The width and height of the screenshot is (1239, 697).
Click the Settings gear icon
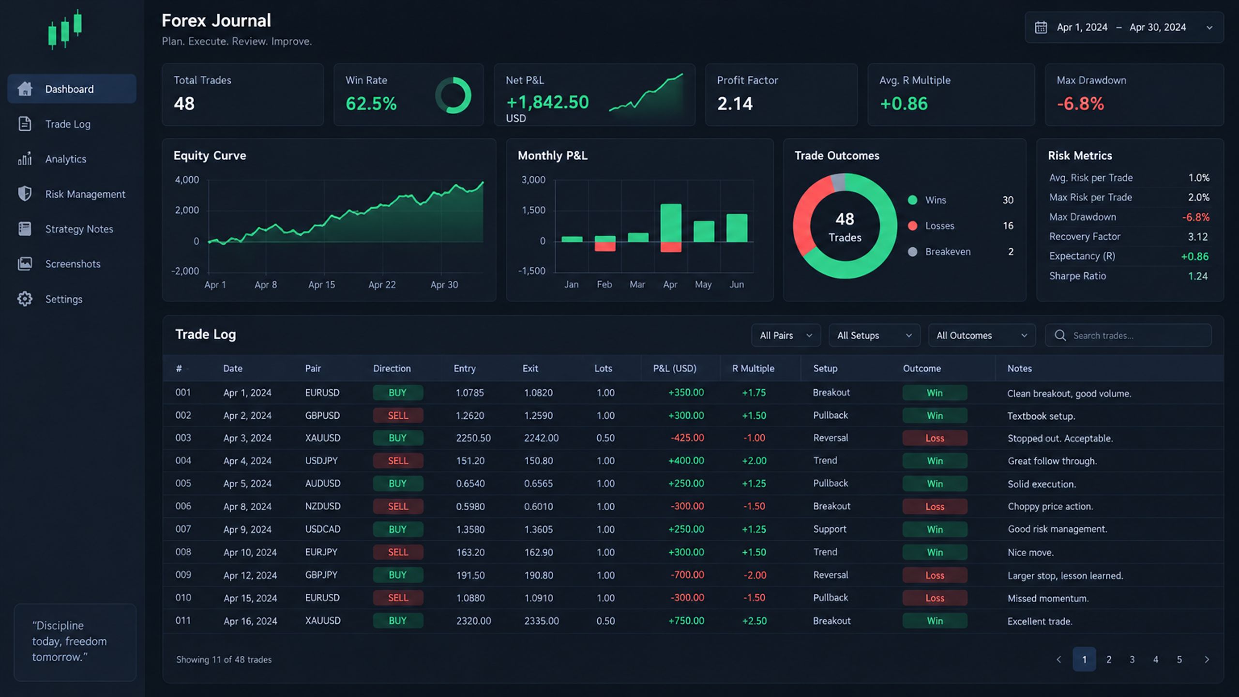pos(25,299)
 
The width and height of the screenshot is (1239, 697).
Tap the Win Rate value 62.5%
pos(371,104)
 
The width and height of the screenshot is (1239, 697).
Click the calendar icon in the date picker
pos(1041,27)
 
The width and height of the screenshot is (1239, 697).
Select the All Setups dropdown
pos(874,335)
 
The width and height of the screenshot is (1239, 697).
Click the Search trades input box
pos(1128,335)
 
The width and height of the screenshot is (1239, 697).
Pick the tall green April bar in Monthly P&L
pos(671,223)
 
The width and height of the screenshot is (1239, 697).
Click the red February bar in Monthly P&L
pos(605,246)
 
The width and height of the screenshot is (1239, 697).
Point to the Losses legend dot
pos(912,226)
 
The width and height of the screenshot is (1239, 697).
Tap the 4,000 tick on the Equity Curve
pos(187,180)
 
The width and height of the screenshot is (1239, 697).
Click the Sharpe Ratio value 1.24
pos(1198,276)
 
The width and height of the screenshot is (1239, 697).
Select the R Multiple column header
pos(753,368)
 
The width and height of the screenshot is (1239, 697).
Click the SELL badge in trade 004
pos(398,461)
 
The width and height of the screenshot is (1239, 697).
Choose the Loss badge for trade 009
pos(935,575)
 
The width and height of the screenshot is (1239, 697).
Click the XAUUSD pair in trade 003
pos(322,438)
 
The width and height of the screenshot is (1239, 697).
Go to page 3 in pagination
pos(1132,659)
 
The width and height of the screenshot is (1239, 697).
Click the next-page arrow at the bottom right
pos(1207,659)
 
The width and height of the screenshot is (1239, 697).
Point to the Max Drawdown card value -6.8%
pos(1080,104)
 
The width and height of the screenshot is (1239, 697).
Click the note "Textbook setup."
pos(1041,416)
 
